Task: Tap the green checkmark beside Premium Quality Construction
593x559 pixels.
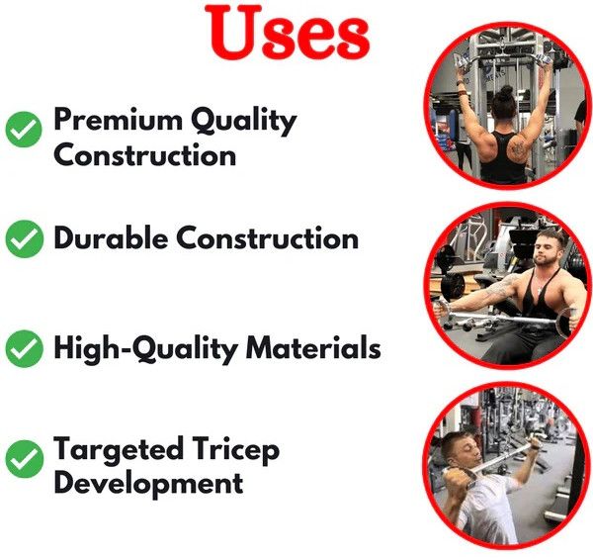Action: coord(24,129)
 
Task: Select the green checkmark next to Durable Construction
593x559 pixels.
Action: coord(24,238)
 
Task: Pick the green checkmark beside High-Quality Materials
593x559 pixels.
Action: coord(24,348)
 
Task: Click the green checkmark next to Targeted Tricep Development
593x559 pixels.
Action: coord(24,459)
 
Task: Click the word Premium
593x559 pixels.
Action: coord(118,119)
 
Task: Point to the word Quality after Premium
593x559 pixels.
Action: coord(243,120)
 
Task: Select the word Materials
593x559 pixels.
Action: coord(313,348)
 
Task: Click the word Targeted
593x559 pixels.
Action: coord(119,450)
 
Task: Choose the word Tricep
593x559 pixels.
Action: coord(235,450)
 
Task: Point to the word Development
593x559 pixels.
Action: coord(148,483)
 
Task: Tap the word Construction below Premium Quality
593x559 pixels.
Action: coord(145,155)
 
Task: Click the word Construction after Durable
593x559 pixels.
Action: coord(268,238)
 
